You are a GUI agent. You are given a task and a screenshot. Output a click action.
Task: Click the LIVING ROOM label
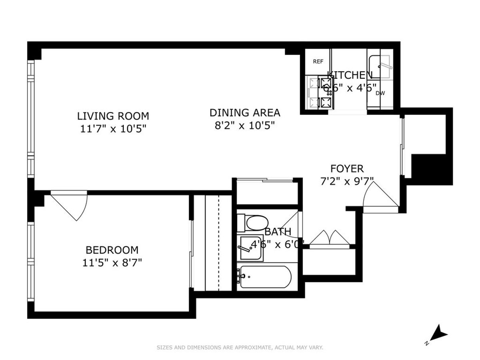pos(113,116)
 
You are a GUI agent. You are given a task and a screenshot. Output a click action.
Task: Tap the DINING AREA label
pos(245,113)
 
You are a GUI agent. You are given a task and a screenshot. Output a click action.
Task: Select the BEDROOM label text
pos(112,250)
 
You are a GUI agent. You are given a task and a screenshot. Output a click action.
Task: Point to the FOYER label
pos(347,168)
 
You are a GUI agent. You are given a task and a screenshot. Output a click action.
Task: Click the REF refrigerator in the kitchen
pos(318,62)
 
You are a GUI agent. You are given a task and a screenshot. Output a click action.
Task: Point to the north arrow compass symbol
pos(440,332)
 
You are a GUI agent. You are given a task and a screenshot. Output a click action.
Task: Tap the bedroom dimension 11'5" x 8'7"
pos(112,263)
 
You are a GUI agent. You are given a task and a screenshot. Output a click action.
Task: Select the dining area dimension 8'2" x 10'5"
pos(245,126)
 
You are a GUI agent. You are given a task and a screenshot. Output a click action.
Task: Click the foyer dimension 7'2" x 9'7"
pos(347,181)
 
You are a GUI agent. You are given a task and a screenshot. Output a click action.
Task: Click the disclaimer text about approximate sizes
pos(240,348)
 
